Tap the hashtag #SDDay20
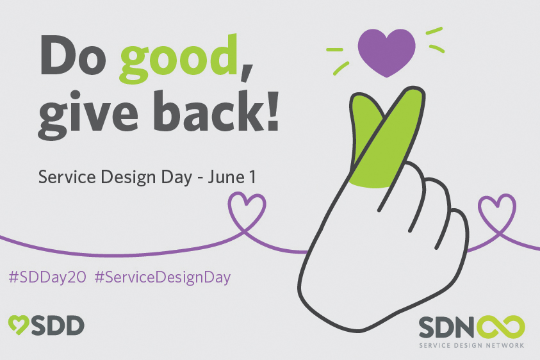click(x=47, y=277)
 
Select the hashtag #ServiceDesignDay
click(x=162, y=277)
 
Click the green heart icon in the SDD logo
click(x=19, y=325)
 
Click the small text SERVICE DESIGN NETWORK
click(x=471, y=345)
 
